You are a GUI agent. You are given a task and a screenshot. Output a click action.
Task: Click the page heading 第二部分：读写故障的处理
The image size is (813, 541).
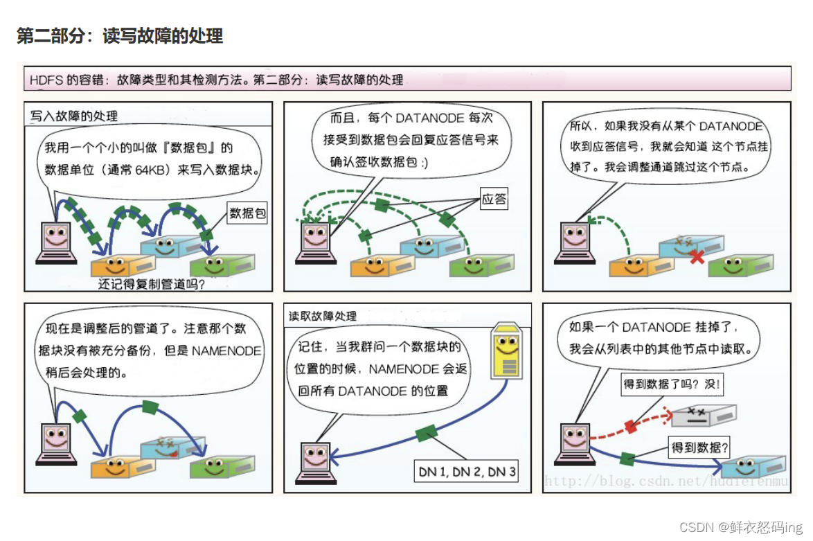point(120,36)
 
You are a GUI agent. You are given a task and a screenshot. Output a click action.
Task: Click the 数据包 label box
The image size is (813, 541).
point(247,213)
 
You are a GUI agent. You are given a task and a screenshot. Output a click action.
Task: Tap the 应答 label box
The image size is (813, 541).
point(494,200)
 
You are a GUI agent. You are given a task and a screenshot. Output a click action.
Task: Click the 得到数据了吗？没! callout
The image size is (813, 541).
point(672,384)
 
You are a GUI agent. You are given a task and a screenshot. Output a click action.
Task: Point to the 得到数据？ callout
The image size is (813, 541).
point(700,447)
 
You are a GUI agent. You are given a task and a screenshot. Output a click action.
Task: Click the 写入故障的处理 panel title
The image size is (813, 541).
point(74,116)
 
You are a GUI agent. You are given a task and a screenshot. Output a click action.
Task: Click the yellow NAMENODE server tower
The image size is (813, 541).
point(508,353)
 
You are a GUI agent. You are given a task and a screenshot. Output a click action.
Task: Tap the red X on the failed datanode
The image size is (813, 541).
point(697,257)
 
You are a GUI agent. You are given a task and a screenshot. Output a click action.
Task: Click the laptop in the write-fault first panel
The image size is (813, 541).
point(56,242)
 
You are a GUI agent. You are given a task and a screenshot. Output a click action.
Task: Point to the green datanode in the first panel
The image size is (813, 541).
point(222,265)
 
